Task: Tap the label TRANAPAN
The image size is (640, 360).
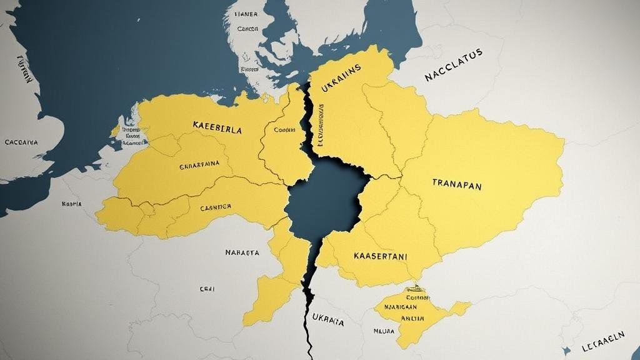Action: click(x=457, y=184)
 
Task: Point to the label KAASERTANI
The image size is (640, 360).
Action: click(x=381, y=256)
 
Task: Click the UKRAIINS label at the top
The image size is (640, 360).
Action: click(x=341, y=87)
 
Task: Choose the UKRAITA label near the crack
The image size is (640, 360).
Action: click(x=327, y=322)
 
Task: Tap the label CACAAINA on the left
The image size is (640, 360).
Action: click(x=21, y=142)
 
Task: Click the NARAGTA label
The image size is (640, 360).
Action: click(x=242, y=253)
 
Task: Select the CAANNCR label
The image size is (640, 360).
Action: click(x=216, y=206)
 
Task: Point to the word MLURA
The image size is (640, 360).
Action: click(x=384, y=331)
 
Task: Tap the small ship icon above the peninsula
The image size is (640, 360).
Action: click(x=413, y=289)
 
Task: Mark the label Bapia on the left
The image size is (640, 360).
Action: click(x=72, y=204)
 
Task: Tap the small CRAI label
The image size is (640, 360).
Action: click(x=207, y=289)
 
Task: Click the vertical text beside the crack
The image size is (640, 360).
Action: click(x=321, y=125)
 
